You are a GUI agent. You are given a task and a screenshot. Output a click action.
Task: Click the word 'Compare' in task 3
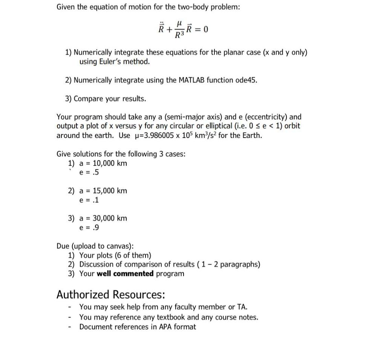click(x=88, y=98)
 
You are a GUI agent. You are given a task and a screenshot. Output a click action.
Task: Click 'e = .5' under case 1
click(x=89, y=172)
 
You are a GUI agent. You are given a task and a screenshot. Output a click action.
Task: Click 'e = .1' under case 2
click(x=89, y=200)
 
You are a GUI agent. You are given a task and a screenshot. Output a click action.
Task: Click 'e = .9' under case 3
click(x=89, y=227)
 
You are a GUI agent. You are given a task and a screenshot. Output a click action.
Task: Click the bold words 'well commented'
click(x=125, y=274)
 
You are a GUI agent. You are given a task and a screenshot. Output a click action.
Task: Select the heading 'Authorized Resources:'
click(x=110, y=294)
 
